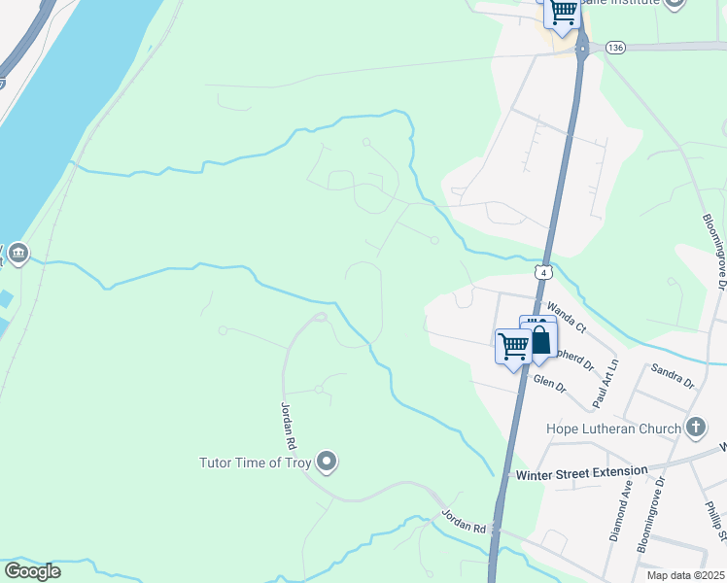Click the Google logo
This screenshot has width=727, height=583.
(31, 571)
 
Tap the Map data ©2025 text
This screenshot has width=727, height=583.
(686, 575)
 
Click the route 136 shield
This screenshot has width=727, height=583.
(613, 47)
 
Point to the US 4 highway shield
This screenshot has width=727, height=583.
(545, 274)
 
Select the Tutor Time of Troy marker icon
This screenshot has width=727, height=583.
(327, 462)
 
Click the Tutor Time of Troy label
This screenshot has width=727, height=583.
(255, 463)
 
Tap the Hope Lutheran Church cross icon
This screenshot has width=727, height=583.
(695, 428)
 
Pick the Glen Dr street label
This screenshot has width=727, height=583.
(550, 385)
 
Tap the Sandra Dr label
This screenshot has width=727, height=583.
(674, 377)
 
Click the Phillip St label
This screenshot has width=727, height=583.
(715, 520)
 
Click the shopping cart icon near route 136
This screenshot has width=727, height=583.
(563, 13)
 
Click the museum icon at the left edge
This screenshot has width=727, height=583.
(17, 255)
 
